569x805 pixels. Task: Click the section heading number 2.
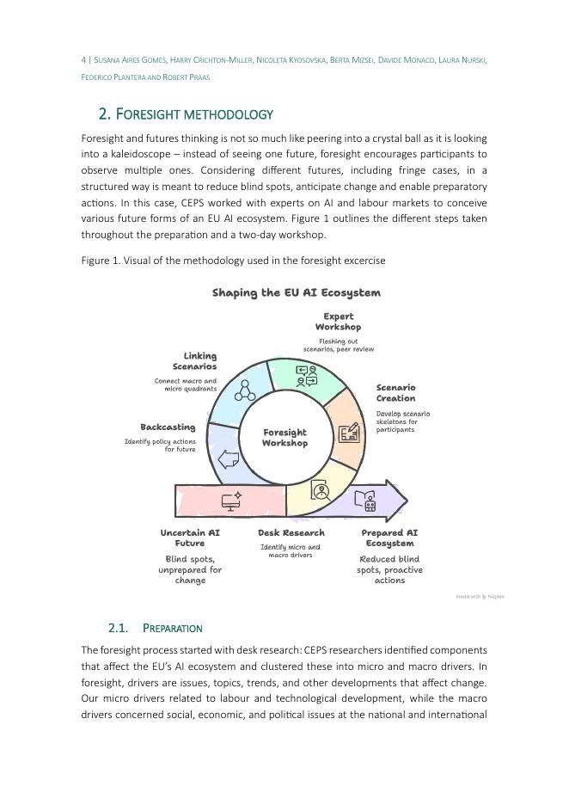[105, 114]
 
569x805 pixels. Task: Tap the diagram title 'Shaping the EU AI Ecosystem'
[296, 292]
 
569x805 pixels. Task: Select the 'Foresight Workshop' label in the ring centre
[284, 438]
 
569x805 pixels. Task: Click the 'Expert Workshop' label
[338, 322]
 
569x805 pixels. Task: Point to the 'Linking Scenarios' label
[199, 361]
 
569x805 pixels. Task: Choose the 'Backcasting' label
[168, 427]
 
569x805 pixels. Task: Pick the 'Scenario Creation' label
[395, 393]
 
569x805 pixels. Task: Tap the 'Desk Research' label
[291, 533]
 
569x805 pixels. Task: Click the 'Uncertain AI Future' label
[190, 538]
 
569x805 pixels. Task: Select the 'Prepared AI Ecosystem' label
[389, 538]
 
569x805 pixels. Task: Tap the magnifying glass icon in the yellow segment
[321, 492]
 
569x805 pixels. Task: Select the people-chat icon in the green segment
[307, 375]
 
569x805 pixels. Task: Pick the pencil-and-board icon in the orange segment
[348, 432]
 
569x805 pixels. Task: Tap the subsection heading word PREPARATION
[173, 628]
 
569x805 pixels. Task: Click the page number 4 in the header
[83, 60]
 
